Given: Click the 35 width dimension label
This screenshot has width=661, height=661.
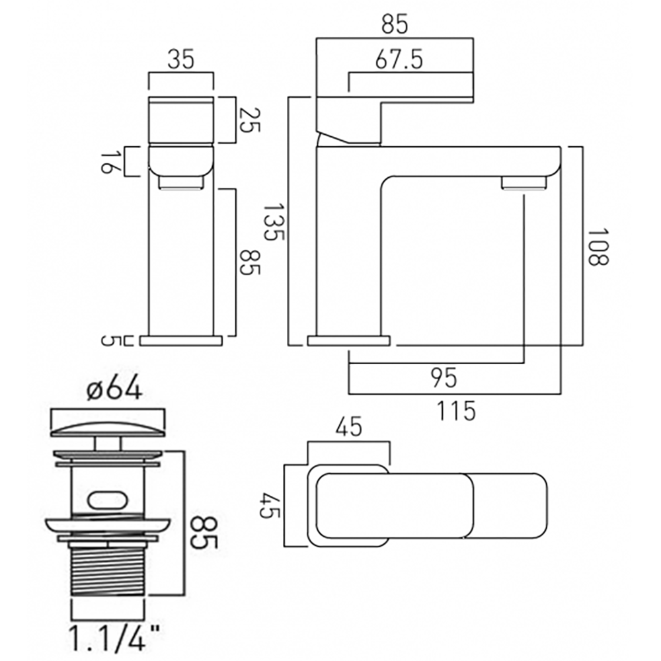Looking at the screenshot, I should tap(180, 61).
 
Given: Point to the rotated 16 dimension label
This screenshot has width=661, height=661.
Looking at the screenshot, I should tap(108, 161).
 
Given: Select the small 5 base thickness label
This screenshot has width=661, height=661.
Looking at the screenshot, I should tap(108, 341).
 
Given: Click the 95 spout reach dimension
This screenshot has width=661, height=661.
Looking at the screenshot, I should tap(444, 378).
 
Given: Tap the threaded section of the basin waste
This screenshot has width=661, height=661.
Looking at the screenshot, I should tap(107, 576).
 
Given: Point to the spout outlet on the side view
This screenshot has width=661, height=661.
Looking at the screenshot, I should tap(524, 183).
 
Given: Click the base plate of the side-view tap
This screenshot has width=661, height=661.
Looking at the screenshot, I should tap(349, 341).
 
